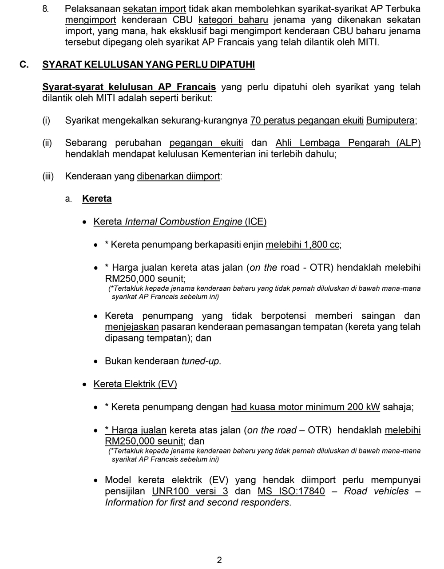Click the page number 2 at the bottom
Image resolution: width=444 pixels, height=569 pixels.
tap(219, 560)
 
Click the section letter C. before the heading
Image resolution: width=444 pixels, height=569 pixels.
tap(24, 65)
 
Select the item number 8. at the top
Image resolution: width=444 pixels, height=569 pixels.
tap(46, 9)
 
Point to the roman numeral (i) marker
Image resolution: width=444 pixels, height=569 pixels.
tap(46, 120)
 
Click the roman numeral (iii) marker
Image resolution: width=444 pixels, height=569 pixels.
tap(48, 176)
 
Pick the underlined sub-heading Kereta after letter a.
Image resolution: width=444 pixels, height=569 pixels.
tap(97, 199)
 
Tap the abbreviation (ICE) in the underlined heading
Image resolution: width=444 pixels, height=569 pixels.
tap(255, 222)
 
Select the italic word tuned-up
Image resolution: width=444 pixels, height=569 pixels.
tap(200, 361)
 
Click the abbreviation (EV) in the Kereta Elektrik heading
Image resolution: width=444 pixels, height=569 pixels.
tap(167, 384)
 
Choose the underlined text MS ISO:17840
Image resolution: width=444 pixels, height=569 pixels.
tap(291, 492)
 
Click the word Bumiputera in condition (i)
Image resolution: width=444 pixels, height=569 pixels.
tap(390, 120)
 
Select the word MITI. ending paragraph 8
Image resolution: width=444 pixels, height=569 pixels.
tap(368, 43)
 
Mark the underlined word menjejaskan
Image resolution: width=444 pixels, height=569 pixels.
tap(131, 327)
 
